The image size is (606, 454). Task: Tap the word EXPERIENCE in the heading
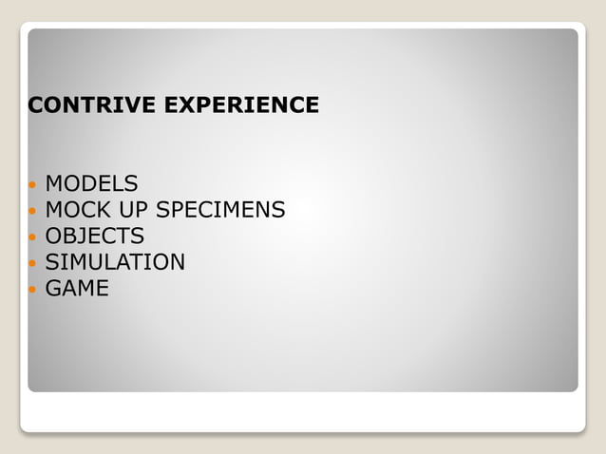tap(241, 105)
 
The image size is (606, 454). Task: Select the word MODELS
tap(91, 183)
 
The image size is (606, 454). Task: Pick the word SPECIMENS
tap(220, 210)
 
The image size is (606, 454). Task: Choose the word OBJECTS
tap(95, 236)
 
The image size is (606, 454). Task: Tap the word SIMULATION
tap(115, 262)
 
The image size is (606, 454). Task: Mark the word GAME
tap(77, 288)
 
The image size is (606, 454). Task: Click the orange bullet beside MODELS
tap(32, 184)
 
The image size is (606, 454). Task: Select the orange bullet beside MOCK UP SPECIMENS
tap(32, 211)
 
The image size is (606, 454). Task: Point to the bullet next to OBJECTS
tap(32, 236)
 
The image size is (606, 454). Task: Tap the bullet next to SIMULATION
tap(32, 263)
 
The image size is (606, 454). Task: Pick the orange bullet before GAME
tap(32, 289)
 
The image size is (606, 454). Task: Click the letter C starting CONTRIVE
tap(36, 105)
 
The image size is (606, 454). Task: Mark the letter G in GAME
tap(53, 288)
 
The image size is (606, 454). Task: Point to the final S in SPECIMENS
tap(278, 210)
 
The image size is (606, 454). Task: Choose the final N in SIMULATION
tap(177, 262)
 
